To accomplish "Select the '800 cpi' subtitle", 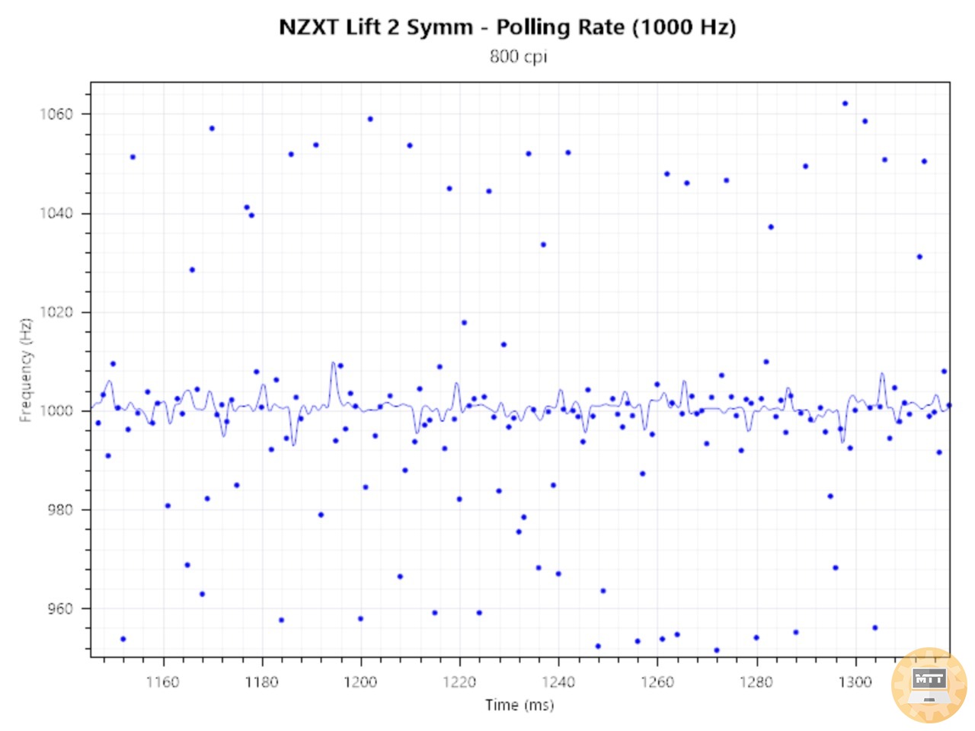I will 518,56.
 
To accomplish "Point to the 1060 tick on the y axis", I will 56,114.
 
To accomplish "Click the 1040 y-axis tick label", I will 56,213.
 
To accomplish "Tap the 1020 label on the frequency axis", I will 56,312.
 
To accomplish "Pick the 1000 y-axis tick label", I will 56,410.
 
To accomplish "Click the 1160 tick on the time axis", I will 162,682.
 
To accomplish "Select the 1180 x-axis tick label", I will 261,682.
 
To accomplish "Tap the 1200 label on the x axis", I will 360,682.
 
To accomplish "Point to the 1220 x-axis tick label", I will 459,682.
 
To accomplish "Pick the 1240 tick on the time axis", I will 558,682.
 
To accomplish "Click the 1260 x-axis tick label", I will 657,682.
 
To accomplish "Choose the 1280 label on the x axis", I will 756,682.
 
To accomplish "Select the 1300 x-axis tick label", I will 855,682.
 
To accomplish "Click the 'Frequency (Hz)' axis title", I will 26,369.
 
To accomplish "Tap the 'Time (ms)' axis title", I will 519,705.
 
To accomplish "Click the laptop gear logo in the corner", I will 929,685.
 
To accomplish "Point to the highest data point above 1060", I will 845,104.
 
